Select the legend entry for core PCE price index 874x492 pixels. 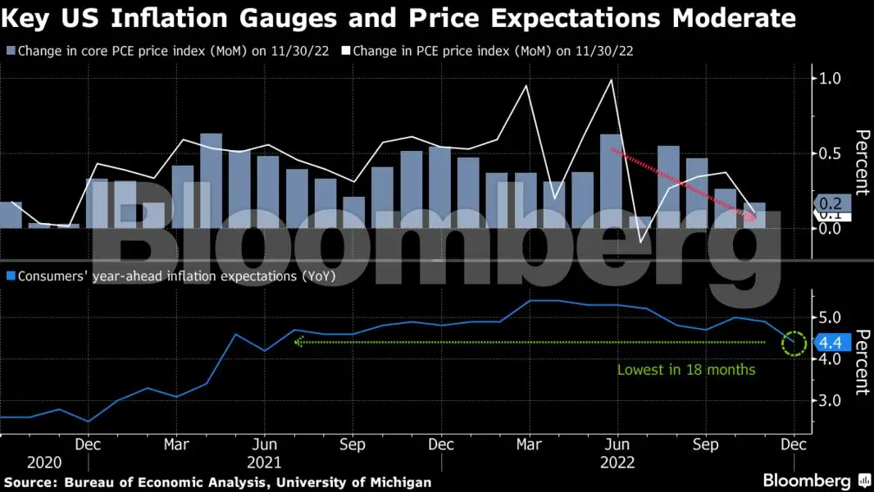[167, 51]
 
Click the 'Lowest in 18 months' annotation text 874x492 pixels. [685, 370]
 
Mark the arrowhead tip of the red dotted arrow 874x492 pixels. [755, 218]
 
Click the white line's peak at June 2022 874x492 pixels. [611, 80]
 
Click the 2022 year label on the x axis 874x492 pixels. [617, 462]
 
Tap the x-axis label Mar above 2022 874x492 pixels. [529, 445]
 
